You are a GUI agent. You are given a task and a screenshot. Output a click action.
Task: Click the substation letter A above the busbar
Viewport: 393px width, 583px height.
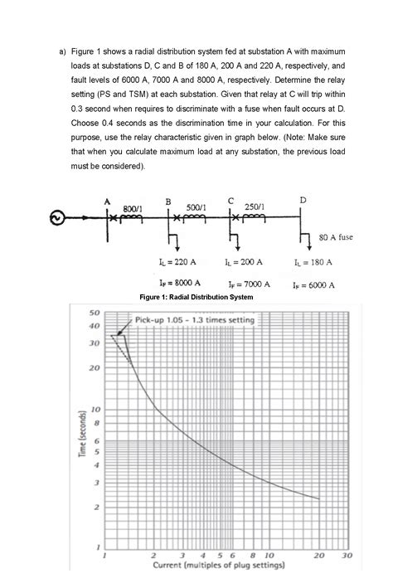coord(107,200)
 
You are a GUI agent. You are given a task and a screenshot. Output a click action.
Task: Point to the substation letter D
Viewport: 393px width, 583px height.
coord(303,200)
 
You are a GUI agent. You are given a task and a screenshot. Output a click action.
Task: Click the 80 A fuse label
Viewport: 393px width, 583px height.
coord(336,236)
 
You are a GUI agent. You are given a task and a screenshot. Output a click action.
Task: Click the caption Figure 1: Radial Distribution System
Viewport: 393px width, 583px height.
coord(196,297)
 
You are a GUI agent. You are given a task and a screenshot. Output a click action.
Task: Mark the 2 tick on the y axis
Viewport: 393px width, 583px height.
coord(97,507)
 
